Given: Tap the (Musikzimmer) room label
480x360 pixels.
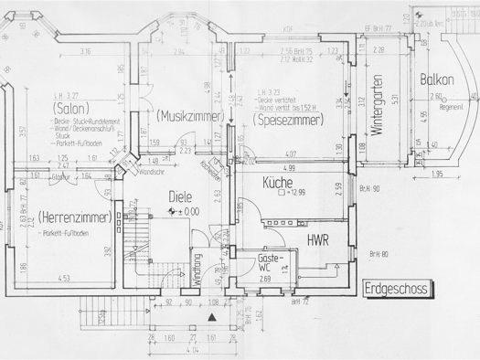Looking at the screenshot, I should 189,116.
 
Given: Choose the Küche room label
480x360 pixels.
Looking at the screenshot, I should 276,182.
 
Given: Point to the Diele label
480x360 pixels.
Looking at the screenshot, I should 181,196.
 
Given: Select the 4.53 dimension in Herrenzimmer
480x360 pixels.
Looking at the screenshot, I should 64,279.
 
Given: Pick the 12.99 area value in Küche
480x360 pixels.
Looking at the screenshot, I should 297,194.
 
